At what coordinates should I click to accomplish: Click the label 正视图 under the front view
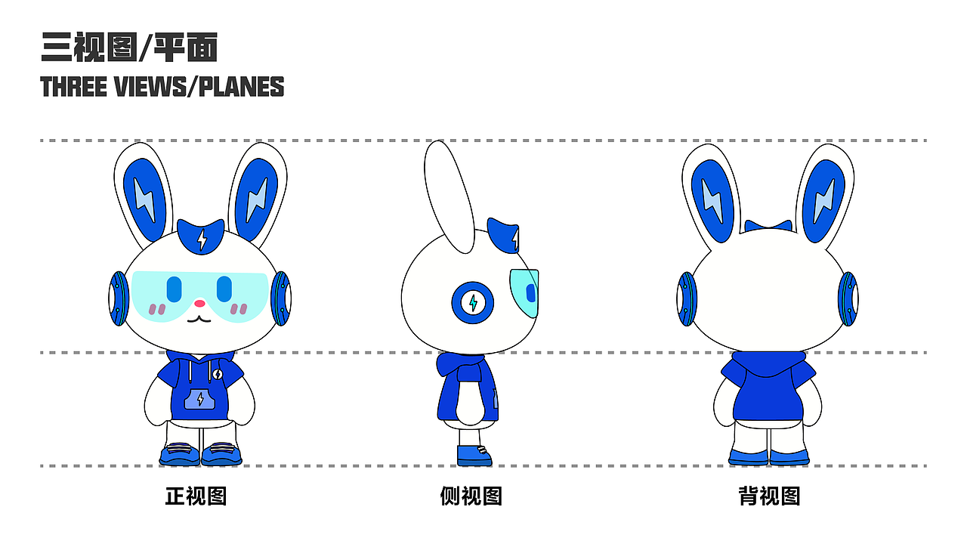[196, 496]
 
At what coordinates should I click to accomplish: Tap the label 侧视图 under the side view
[471, 496]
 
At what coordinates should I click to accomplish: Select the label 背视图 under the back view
[769, 496]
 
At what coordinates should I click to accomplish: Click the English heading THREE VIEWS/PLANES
[162, 86]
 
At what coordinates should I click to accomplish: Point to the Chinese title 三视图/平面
[129, 48]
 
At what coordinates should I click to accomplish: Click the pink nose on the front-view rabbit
[199, 304]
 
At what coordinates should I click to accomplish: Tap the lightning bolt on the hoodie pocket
[200, 399]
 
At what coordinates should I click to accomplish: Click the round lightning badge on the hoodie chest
[217, 374]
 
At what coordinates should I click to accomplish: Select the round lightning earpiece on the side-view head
[473, 303]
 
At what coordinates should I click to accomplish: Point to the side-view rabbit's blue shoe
[474, 456]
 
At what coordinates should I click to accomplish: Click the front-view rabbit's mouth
[199, 320]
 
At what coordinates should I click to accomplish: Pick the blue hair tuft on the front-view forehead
[201, 236]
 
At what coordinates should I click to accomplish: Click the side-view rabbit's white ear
[449, 197]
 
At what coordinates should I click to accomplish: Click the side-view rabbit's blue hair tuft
[504, 235]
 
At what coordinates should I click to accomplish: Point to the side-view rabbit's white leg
[469, 437]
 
